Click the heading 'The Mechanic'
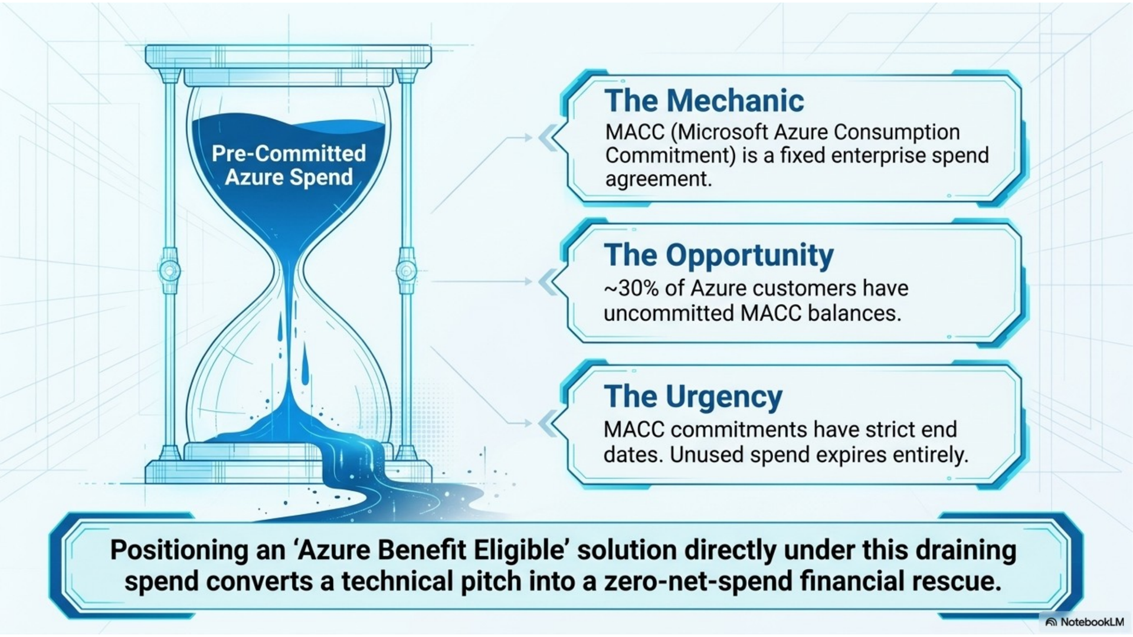point(704,100)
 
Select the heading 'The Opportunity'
point(719,255)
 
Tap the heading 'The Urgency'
point(693,396)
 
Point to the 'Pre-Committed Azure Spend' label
point(289,165)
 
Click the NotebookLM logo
point(1085,622)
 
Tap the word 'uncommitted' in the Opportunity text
point(669,313)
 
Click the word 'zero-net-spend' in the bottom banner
point(698,581)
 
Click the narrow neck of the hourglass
point(289,265)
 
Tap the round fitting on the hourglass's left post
point(170,271)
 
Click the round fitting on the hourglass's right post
point(406,271)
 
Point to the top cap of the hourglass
point(289,56)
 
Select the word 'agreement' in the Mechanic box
point(659,179)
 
